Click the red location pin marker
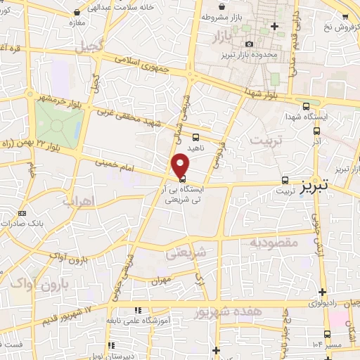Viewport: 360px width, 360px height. pyautogui.click(x=181, y=165)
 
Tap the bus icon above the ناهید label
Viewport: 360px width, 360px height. pyautogui.click(x=195, y=137)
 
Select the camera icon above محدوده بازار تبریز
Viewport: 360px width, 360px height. pyautogui.click(x=248, y=44)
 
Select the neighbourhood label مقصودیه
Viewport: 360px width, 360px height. pyautogui.click(x=275, y=242)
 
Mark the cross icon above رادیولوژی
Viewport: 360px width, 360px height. pyautogui.click(x=322, y=292)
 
